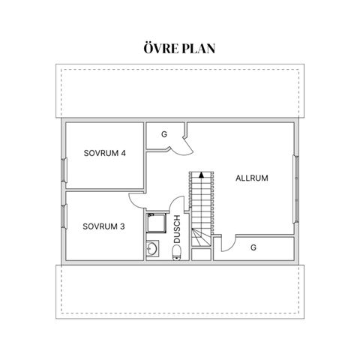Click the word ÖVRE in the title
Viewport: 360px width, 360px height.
click(161, 48)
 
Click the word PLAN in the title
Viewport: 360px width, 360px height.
click(199, 49)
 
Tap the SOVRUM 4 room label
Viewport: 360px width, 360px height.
click(104, 153)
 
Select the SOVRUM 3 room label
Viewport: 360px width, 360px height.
click(103, 226)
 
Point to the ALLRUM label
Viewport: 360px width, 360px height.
click(252, 178)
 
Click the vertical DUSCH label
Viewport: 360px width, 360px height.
click(177, 229)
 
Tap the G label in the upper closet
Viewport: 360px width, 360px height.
click(164, 134)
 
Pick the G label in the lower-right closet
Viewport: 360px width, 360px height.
click(253, 247)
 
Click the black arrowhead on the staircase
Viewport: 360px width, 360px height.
click(201, 175)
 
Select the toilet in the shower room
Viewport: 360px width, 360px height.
click(177, 253)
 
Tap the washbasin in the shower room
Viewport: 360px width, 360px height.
click(152, 248)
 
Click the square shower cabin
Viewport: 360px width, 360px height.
click(156, 223)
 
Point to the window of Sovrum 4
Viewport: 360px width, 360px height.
click(64, 169)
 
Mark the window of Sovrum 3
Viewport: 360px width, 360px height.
click(64, 216)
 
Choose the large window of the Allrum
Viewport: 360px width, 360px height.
click(296, 189)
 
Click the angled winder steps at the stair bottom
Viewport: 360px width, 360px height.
click(201, 238)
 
